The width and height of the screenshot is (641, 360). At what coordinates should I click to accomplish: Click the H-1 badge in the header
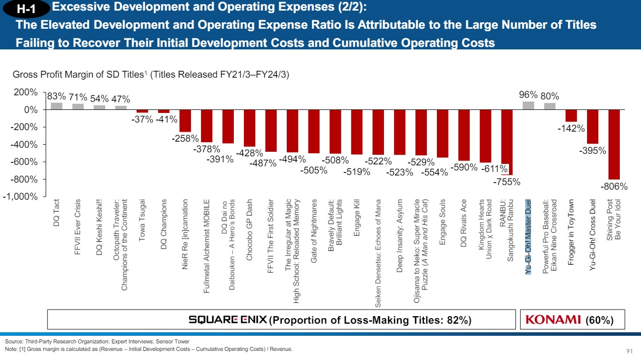tap(27, 9)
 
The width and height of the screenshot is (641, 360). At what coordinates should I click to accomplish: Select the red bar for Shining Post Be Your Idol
tap(613, 144)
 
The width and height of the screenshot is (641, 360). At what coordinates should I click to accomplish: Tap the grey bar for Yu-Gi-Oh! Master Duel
tap(528, 105)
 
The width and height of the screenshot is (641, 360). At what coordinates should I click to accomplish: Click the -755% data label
tap(506, 182)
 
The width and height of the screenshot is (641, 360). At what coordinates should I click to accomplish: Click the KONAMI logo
tap(553, 320)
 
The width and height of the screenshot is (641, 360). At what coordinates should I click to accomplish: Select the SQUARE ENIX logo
tap(228, 320)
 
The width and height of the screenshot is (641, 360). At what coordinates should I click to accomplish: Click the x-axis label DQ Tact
tap(56, 212)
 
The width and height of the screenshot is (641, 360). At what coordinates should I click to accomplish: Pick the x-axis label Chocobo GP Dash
tap(249, 229)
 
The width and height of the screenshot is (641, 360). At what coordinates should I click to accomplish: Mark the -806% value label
tap(614, 187)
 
